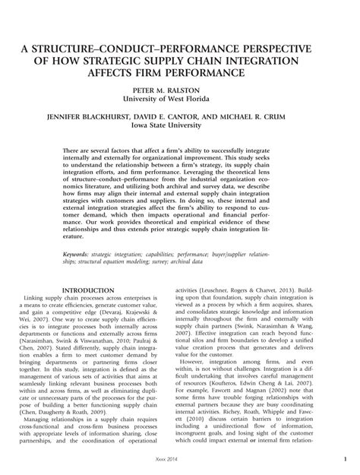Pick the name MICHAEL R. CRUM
(269, 119)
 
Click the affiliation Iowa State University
(179, 128)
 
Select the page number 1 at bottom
(343, 459)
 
